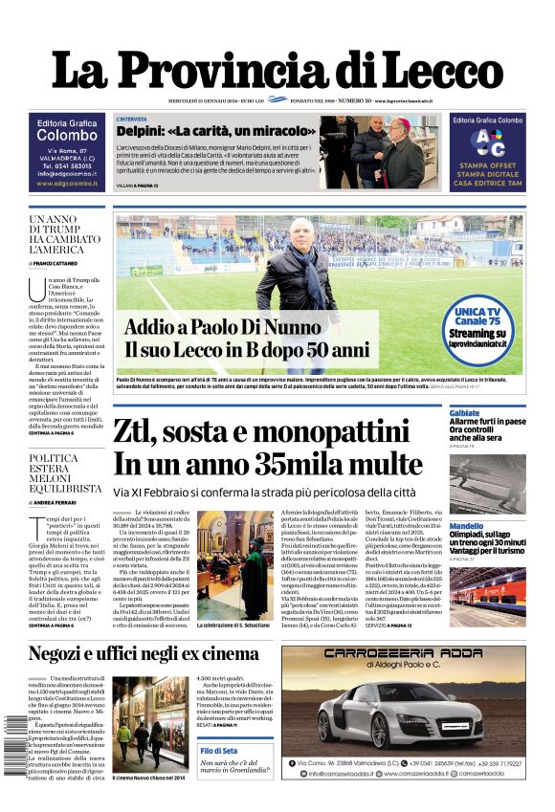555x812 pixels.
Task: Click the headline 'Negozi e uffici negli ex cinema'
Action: [144, 654]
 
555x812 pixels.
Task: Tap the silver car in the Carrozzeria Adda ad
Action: [402, 710]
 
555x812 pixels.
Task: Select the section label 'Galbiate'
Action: [465, 412]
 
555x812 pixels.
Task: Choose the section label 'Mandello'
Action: [467, 526]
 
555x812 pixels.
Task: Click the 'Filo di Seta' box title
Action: [222, 751]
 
